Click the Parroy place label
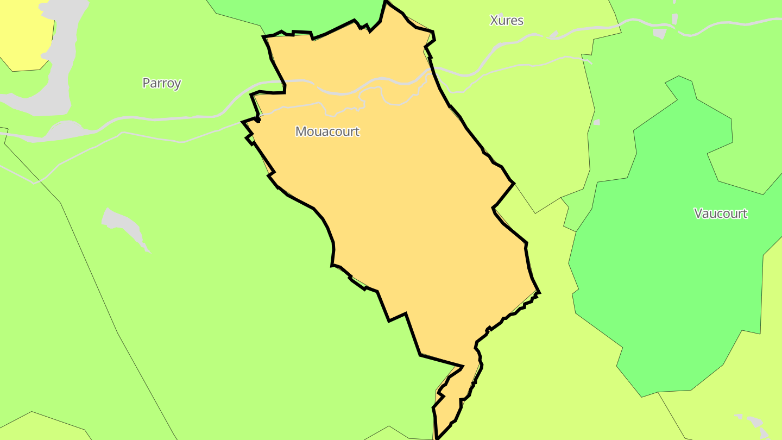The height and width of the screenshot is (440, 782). click(x=161, y=83)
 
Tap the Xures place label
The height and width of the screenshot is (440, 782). click(x=506, y=21)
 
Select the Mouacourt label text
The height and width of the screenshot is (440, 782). click(x=327, y=131)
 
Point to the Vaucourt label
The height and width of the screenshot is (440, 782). click(x=720, y=213)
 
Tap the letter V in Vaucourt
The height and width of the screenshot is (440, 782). click(x=698, y=213)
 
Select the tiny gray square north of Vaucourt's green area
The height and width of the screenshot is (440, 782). click(x=597, y=122)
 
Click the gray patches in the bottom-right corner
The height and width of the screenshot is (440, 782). click(x=755, y=424)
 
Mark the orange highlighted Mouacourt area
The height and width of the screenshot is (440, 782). click(x=413, y=217)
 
